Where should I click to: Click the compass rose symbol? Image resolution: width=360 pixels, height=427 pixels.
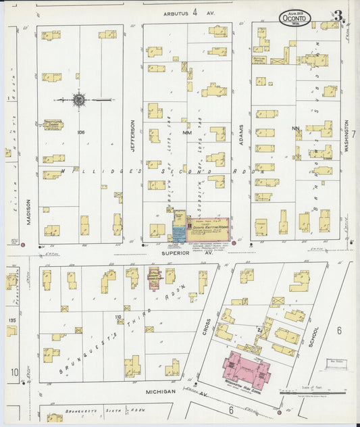click(x=79, y=100)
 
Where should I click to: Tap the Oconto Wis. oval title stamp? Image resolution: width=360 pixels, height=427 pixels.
click(x=295, y=18)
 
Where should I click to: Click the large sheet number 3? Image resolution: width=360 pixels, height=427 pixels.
click(x=338, y=16)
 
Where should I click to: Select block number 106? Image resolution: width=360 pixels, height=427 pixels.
click(x=80, y=132)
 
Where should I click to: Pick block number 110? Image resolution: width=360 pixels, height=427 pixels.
click(x=118, y=316)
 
